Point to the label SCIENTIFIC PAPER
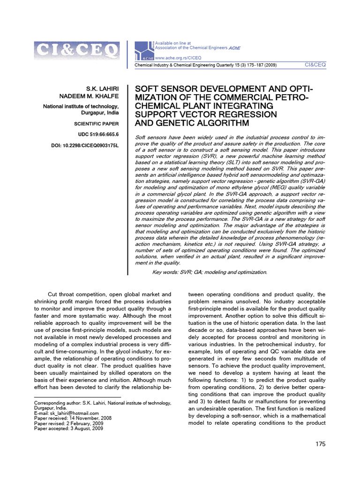(x=97, y=124)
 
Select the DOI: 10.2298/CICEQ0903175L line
(x=85, y=146)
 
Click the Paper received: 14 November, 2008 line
(x=69, y=418)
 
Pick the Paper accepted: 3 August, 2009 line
(x=66, y=428)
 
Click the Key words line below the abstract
(x=210, y=272)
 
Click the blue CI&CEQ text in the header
(x=315, y=65)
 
